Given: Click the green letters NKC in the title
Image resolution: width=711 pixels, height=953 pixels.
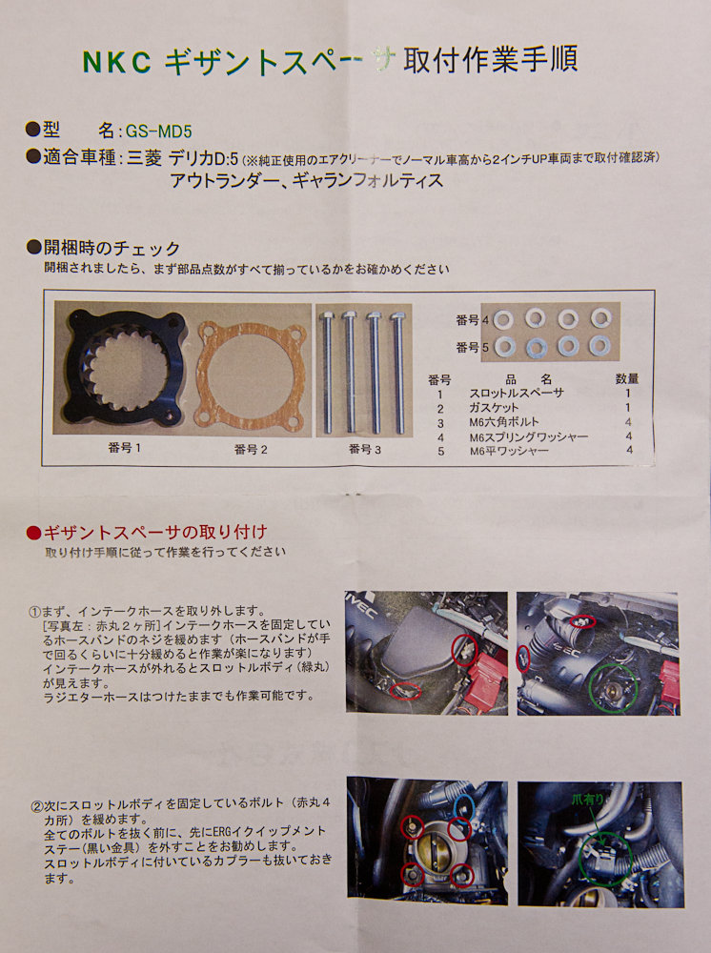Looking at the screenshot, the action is pyautogui.click(x=116, y=62).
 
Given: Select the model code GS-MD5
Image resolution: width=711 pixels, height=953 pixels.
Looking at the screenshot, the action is pyautogui.click(x=158, y=132).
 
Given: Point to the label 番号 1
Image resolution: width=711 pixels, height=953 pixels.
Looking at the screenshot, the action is pyautogui.click(x=125, y=448).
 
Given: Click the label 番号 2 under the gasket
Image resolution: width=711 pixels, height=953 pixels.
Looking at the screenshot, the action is pyautogui.click(x=251, y=450).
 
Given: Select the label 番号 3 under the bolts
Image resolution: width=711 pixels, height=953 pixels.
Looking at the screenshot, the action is pyautogui.click(x=365, y=449).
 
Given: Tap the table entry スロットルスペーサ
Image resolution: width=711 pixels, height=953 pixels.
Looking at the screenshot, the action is pyautogui.click(x=517, y=394).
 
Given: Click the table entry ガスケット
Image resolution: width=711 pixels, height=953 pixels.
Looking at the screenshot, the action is pyautogui.click(x=494, y=408).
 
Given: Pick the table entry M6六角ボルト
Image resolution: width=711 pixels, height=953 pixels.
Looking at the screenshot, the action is pyautogui.click(x=504, y=422).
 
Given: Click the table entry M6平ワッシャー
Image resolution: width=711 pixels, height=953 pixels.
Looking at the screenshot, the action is pyautogui.click(x=509, y=451).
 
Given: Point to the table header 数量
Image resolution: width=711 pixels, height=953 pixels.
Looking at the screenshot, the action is pyautogui.click(x=627, y=378).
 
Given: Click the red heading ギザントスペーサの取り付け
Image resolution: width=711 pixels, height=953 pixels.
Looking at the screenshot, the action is pyautogui.click(x=155, y=533).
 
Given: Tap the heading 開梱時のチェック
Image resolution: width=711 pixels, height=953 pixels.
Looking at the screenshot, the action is pyautogui.click(x=112, y=248).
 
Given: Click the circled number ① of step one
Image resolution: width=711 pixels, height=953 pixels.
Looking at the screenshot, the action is pyautogui.click(x=34, y=611).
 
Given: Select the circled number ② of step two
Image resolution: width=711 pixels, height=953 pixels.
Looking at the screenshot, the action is pyautogui.click(x=37, y=806).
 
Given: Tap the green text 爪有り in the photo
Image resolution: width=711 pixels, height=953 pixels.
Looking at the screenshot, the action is pyautogui.click(x=587, y=800).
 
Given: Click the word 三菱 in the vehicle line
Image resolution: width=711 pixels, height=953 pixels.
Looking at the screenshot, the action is pyautogui.click(x=145, y=158).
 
